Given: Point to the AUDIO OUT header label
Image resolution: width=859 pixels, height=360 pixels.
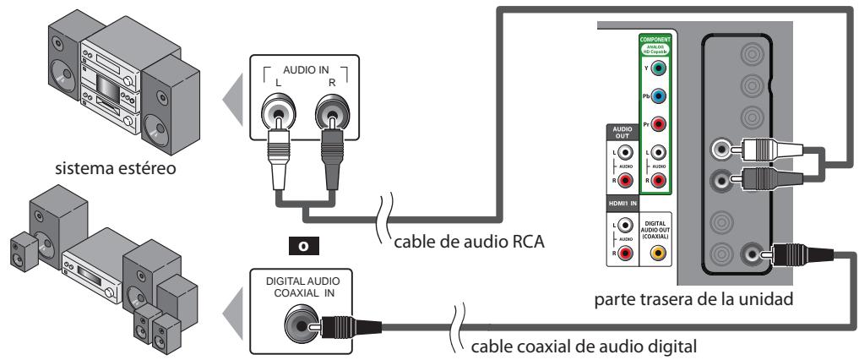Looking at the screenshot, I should coord(617,134).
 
